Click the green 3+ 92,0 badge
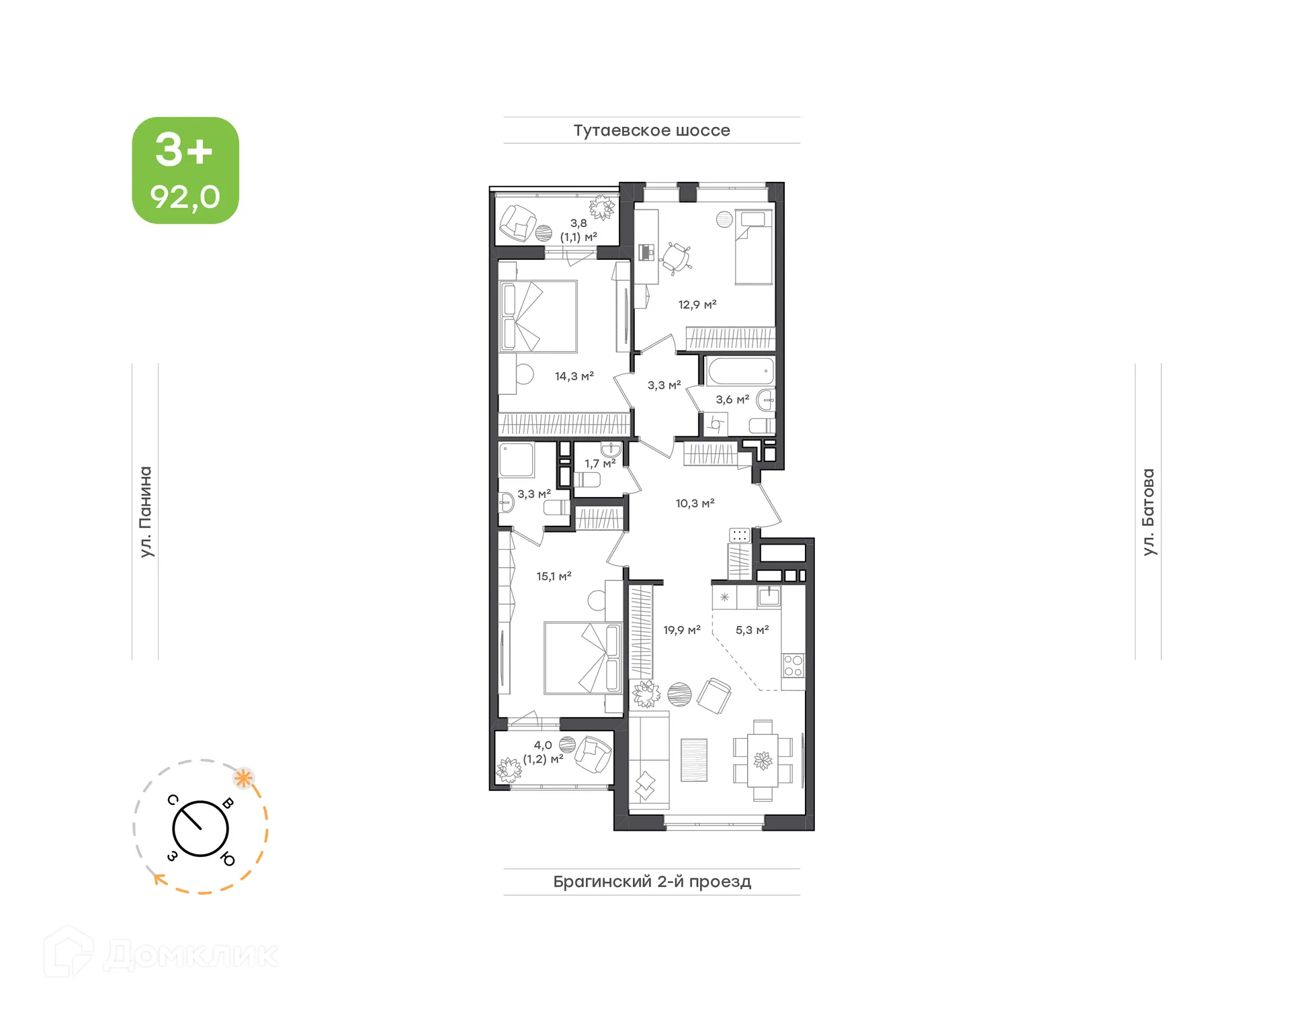tap(185, 171)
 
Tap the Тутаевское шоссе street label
tap(651, 130)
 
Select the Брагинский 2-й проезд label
tap(652, 881)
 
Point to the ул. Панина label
tap(145, 512)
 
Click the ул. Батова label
tap(1148, 512)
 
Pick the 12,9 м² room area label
tap(697, 304)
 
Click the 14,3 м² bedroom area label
tap(574, 376)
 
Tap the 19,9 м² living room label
tap(681, 630)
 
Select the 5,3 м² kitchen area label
tap(752, 630)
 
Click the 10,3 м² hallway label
tap(695, 503)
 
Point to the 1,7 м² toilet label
tap(599, 463)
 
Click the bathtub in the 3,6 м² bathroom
tap(740, 371)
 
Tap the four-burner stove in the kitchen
tap(793, 665)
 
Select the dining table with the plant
tap(763, 761)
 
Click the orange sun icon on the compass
tap(243, 779)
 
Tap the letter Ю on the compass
tap(228, 859)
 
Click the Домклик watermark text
tap(191, 955)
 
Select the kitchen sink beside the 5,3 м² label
tap(769, 596)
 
